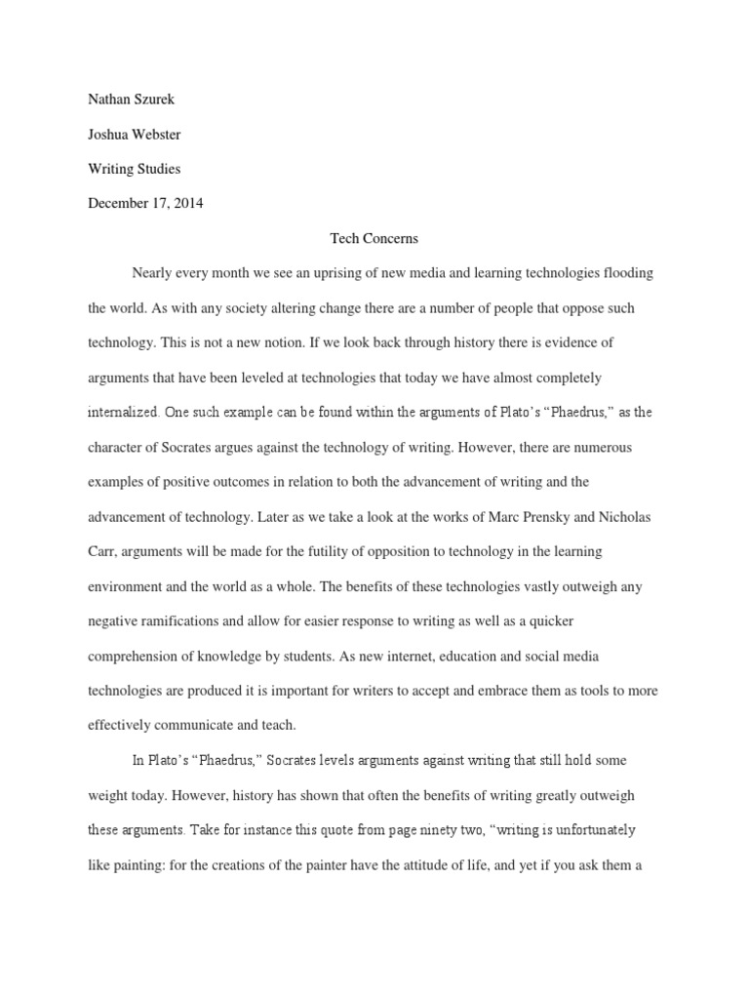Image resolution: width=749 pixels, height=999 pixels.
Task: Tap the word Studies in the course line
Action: coord(157,169)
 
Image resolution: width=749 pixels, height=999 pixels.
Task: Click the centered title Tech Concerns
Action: coord(374,238)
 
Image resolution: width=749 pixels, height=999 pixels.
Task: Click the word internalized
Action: coord(123,412)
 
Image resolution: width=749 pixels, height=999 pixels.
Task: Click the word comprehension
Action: coord(137,656)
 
